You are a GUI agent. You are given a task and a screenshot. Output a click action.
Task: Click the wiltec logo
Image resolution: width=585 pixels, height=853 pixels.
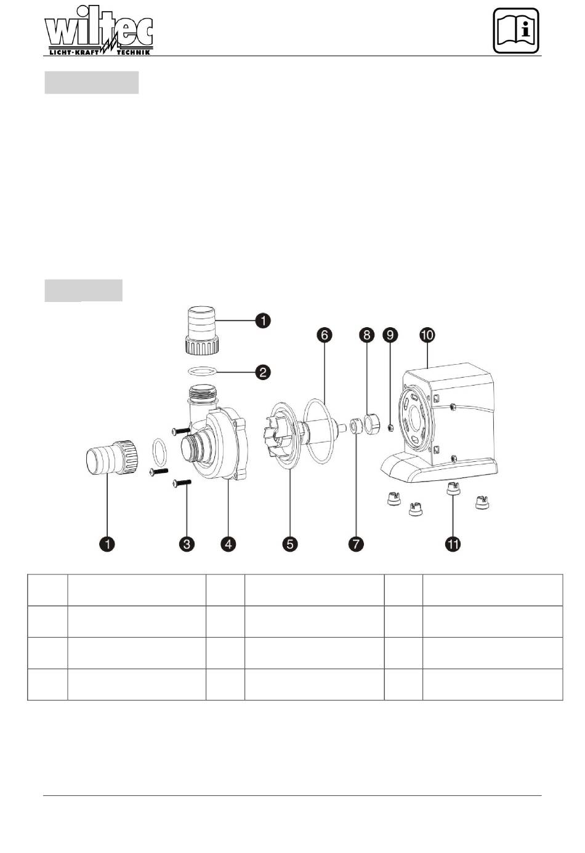click(x=99, y=31)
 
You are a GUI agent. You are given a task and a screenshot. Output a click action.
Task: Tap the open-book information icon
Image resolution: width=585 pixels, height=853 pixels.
click(x=517, y=31)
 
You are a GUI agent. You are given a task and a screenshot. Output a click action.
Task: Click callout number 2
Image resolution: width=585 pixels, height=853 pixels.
click(x=263, y=372)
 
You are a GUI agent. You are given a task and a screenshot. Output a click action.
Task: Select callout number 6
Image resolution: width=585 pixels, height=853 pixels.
click(x=324, y=335)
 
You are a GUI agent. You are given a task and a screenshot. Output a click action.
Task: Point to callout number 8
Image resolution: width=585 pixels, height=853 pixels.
click(x=366, y=335)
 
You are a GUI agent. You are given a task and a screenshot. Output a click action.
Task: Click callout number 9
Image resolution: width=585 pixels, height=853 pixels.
click(x=390, y=335)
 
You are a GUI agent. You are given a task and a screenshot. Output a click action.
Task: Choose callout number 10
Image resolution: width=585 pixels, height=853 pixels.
click(x=427, y=335)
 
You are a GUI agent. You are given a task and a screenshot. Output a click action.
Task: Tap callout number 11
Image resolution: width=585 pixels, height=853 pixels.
click(x=453, y=544)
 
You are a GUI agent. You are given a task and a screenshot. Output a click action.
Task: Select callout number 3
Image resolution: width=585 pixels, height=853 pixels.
click(x=187, y=544)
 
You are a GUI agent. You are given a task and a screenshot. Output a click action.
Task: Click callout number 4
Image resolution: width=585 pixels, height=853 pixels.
click(x=228, y=544)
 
